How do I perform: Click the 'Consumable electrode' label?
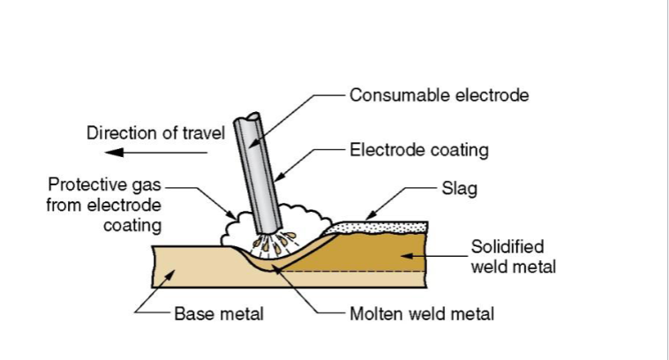[440, 94]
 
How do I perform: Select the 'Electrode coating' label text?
[419, 150]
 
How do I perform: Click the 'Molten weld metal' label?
[422, 314]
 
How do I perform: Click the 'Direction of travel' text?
[155, 133]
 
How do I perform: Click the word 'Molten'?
[374, 314]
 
